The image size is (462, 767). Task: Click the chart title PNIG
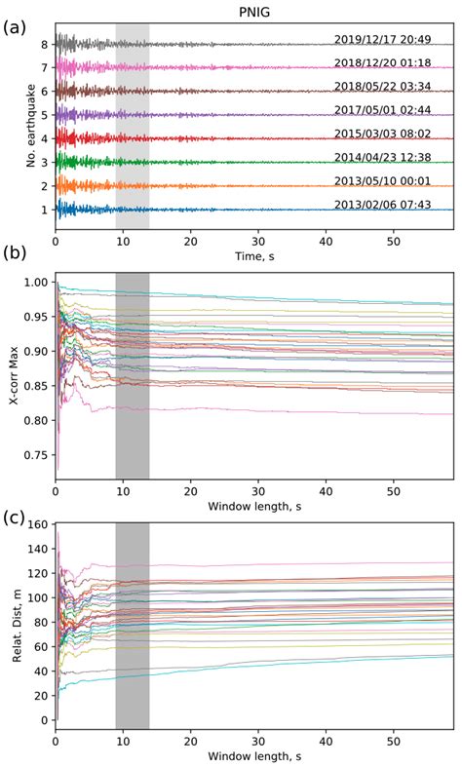254,10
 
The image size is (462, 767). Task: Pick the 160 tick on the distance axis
37,523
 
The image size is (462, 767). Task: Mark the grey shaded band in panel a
132,127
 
